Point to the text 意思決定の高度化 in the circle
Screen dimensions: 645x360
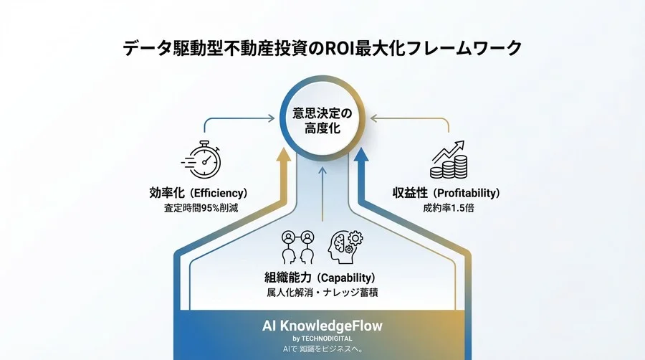coord(322,122)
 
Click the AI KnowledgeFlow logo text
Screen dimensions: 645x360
coord(322,326)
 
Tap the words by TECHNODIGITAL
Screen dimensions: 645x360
coord(322,338)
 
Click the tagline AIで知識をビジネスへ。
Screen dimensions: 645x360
coord(322,349)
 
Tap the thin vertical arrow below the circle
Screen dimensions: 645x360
coord(322,194)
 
